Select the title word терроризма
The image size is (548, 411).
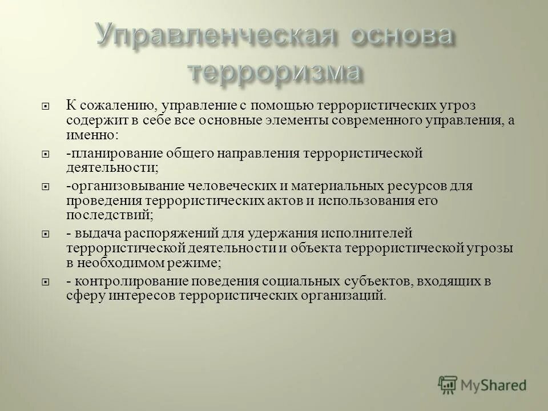click(275, 72)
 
